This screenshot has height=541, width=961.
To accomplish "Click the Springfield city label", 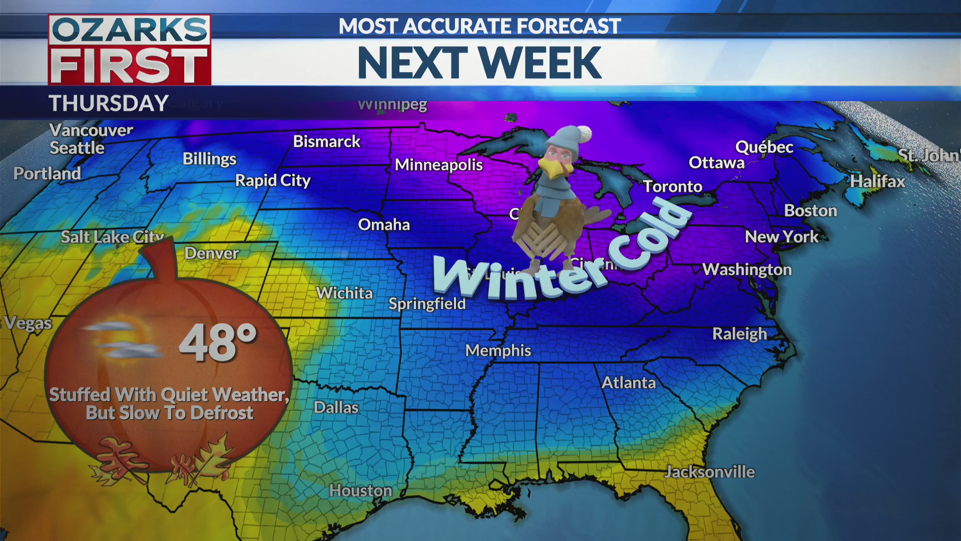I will [x=427, y=304].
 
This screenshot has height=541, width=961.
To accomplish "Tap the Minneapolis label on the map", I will [x=438, y=165].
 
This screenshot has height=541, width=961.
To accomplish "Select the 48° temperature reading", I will [x=218, y=343].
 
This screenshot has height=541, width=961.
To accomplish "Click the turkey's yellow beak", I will [x=553, y=169].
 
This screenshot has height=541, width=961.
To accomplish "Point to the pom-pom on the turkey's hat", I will [x=583, y=134].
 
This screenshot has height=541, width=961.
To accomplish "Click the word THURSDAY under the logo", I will [x=109, y=104].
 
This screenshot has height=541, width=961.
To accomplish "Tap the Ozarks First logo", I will [x=130, y=50].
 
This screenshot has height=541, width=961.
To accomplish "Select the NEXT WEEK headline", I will [x=479, y=63].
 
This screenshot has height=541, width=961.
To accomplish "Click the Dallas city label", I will [x=336, y=408].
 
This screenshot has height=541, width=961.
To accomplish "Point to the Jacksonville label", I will [x=709, y=472].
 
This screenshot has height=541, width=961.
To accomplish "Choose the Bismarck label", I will [x=326, y=142].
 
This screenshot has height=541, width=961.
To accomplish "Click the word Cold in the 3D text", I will [x=651, y=235].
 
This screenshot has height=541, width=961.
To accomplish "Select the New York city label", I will [x=781, y=237].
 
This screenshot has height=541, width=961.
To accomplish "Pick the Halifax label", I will [x=877, y=181].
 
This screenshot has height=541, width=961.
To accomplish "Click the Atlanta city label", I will [x=628, y=383].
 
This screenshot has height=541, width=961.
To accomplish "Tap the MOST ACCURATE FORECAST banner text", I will [x=479, y=26].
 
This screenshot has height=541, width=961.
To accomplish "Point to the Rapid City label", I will [x=273, y=180].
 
